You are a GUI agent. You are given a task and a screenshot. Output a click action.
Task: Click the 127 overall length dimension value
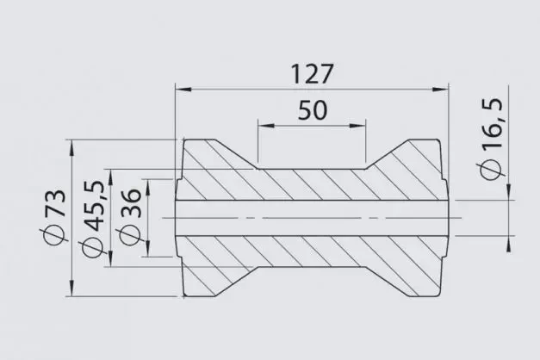pos(312,74)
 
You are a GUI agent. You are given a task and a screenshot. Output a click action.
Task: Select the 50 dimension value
pos(313,110)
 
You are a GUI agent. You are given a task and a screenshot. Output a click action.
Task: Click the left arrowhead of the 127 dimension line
pos(181,88)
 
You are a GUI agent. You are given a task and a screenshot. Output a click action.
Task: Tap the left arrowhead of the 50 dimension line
pos(264,126)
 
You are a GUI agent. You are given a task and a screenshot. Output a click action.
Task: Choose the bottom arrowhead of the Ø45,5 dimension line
pos(108,262)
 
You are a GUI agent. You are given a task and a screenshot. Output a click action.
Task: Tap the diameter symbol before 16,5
pos(493,169)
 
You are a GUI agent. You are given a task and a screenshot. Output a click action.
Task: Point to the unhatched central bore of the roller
pos(310,218)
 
